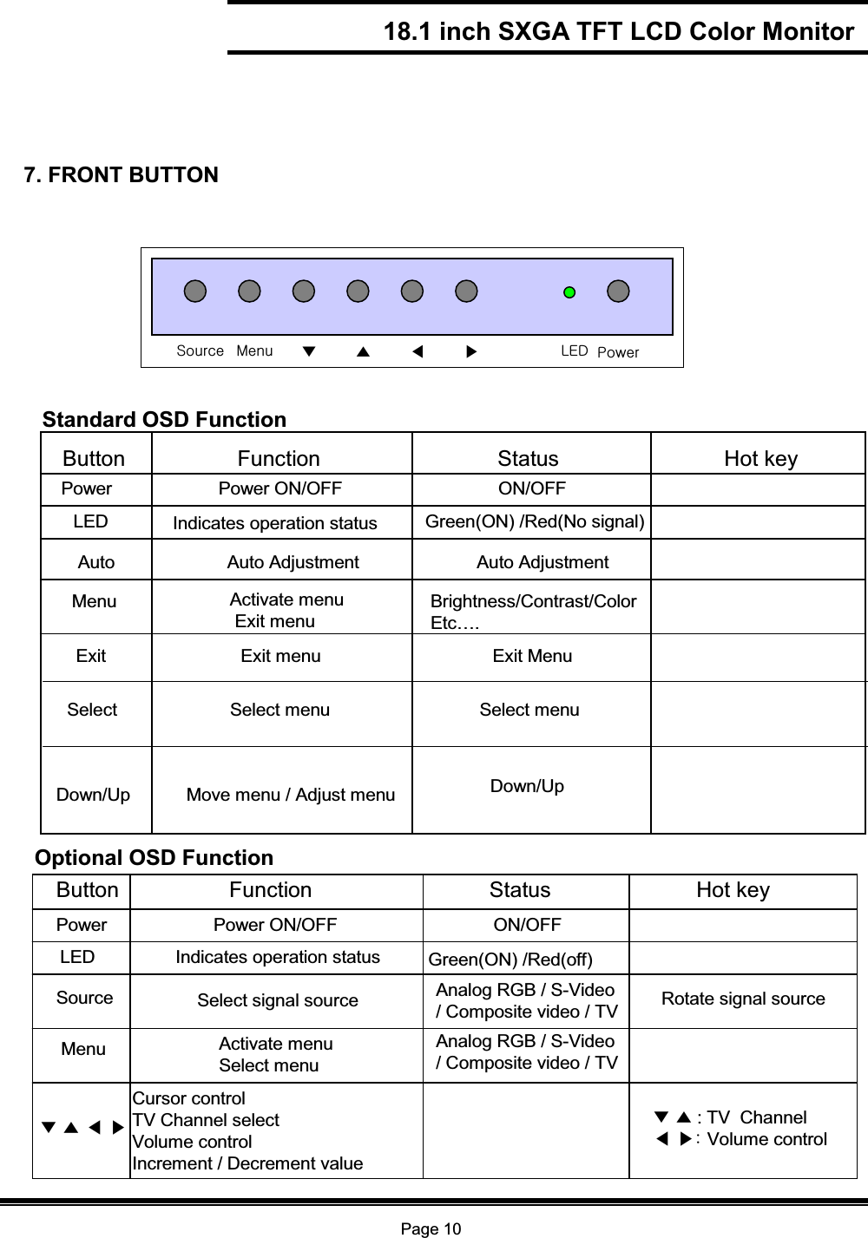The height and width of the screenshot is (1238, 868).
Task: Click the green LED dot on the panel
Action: pos(569,292)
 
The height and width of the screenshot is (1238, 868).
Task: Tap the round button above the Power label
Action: pos(618,291)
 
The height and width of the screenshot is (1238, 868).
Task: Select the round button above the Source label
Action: pos(195,291)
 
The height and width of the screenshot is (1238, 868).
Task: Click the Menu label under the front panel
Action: pos(254,350)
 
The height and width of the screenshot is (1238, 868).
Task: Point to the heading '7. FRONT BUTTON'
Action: pos(122,175)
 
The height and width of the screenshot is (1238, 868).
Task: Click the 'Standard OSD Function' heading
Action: pos(164,420)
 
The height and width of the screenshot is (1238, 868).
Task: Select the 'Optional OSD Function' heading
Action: pos(154,858)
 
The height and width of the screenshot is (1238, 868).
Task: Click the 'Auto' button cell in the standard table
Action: pos(96,562)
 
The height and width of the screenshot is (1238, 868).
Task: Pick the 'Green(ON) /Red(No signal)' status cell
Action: pos(535,521)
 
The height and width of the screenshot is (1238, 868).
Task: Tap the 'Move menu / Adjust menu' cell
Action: pos(291,795)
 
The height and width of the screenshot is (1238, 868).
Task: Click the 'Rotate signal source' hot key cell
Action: pos(743,999)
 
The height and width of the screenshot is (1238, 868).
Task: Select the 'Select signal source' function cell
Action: pos(278,1000)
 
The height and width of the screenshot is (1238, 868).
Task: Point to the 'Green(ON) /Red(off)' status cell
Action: pos(510,960)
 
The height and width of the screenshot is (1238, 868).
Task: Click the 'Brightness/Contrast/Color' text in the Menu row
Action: pos(534,602)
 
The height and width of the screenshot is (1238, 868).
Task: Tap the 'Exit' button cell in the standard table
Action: pos(91,656)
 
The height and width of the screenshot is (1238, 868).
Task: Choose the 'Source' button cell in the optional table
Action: pos(85,998)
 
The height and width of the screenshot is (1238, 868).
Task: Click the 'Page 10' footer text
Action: pos(431,1228)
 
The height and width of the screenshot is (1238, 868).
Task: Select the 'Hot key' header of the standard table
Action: pos(760,458)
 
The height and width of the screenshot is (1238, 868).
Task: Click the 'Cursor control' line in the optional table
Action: pos(189,1098)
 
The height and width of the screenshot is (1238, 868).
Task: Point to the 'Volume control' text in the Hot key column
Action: pos(766,1139)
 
